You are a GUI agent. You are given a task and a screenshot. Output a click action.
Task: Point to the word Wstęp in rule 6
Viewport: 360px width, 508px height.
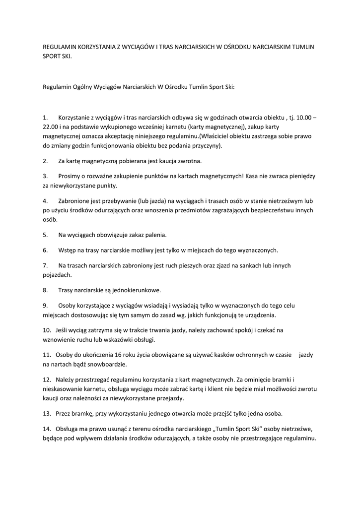(x=67, y=250)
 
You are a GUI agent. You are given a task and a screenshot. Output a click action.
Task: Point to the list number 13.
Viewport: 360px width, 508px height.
(x=47, y=413)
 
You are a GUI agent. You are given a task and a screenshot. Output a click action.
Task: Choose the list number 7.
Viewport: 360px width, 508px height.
(x=45, y=265)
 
